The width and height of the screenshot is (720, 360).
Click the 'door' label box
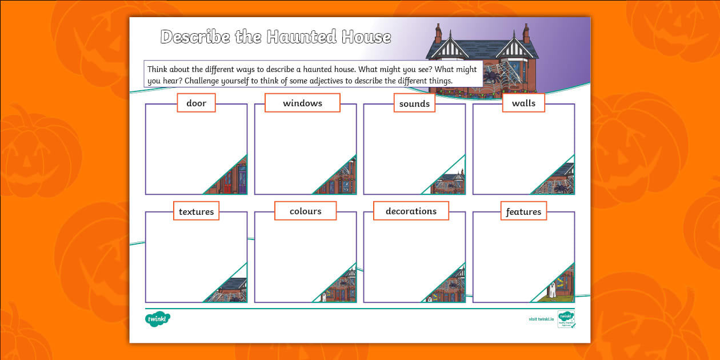[x=196, y=103]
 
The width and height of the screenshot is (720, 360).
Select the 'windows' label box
[x=302, y=103]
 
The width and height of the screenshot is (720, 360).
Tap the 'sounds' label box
[x=414, y=103]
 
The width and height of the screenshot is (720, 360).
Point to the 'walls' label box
[x=523, y=103]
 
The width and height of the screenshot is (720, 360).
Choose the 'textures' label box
[x=196, y=211]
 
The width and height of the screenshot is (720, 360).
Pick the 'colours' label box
[x=305, y=211]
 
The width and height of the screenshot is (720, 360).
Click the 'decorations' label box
[x=411, y=211]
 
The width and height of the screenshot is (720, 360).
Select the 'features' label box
[x=523, y=211]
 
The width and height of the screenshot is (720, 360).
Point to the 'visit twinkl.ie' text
[x=541, y=319]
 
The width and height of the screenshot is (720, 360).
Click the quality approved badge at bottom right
[x=566, y=319]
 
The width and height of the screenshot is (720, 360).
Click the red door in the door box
[x=227, y=183]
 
